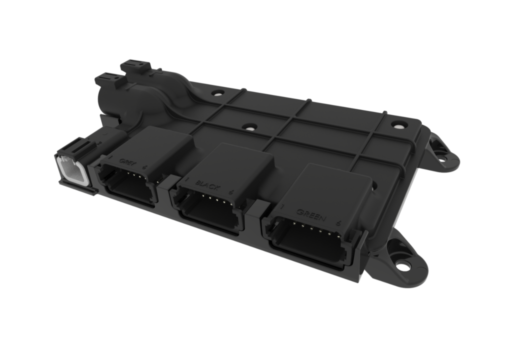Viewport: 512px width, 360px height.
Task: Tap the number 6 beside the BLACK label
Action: pyautogui.click(x=231, y=191)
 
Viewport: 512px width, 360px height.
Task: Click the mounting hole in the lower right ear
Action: pyautogui.click(x=403, y=265)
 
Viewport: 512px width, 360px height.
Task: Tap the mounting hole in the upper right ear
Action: pyautogui.click(x=442, y=159)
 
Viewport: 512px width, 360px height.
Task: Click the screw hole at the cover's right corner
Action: pyautogui.click(x=398, y=125)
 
